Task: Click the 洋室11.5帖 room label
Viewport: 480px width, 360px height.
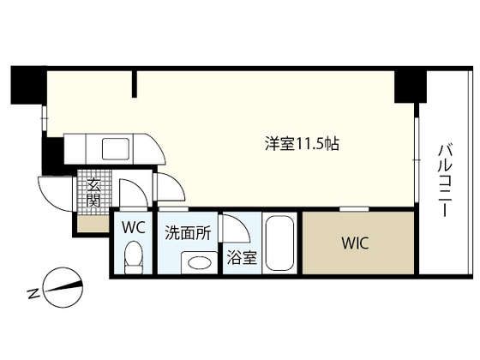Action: [x=302, y=144]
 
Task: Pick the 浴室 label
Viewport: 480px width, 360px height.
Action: [x=241, y=257]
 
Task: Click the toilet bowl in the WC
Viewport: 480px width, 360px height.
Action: [x=132, y=256]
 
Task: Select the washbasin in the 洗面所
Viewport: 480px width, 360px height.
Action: [x=200, y=263]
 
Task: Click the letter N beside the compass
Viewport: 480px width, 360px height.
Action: [x=33, y=294]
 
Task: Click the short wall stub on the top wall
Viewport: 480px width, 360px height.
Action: [x=134, y=83]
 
